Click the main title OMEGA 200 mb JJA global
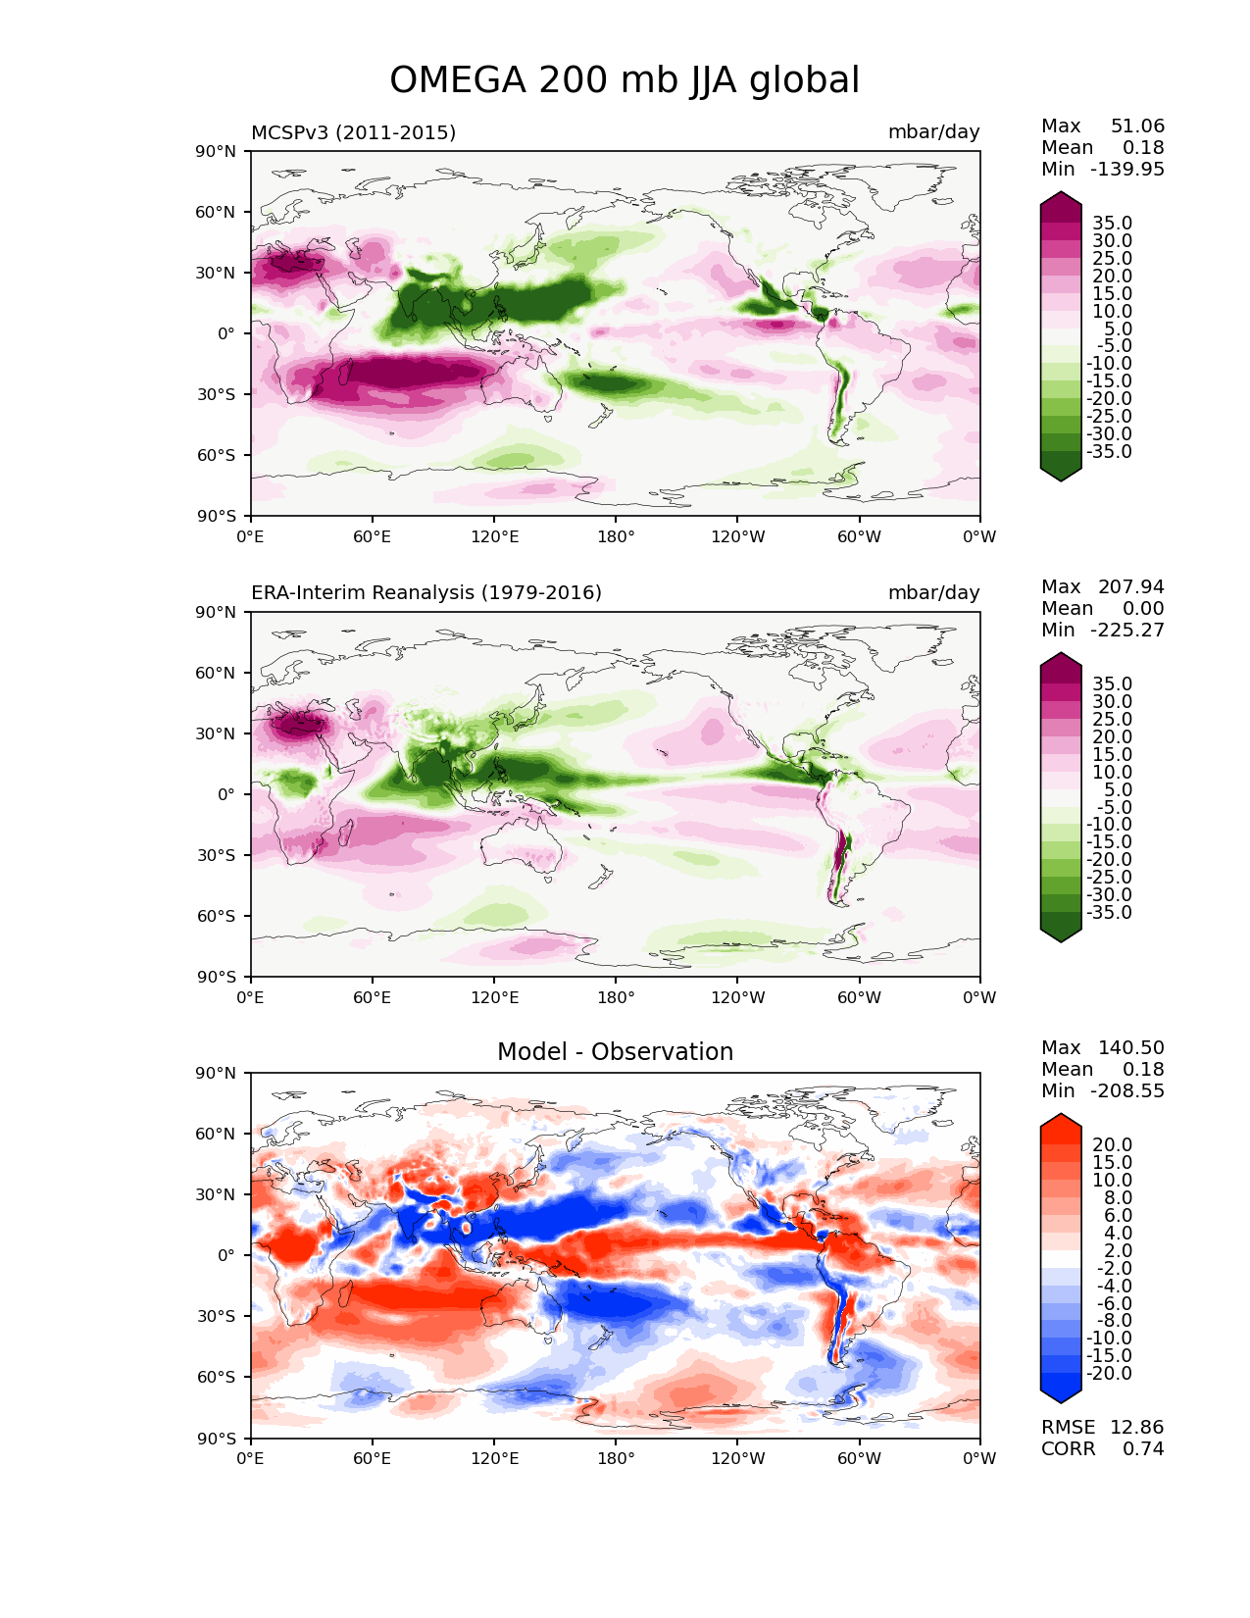click(x=625, y=79)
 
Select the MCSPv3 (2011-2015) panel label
click(x=353, y=132)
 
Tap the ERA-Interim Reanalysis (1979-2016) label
click(x=425, y=592)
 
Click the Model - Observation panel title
click(x=615, y=1051)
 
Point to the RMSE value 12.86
click(x=1136, y=1427)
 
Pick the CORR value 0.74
click(x=1143, y=1448)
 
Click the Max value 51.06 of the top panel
click(x=1137, y=126)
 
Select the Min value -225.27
click(x=1127, y=630)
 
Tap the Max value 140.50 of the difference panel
click(x=1130, y=1047)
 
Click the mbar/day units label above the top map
click(x=933, y=131)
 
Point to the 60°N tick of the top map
click(x=215, y=212)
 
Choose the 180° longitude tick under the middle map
click(x=616, y=997)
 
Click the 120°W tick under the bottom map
click(x=738, y=1459)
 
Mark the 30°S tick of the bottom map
click(x=215, y=1316)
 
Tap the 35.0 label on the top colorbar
click(x=1112, y=223)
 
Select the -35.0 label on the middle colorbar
click(x=1109, y=912)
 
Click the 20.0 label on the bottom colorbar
click(x=1112, y=1144)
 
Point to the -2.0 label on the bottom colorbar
click(x=1114, y=1268)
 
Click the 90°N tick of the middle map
click(x=215, y=612)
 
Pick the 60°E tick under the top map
click(x=373, y=536)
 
